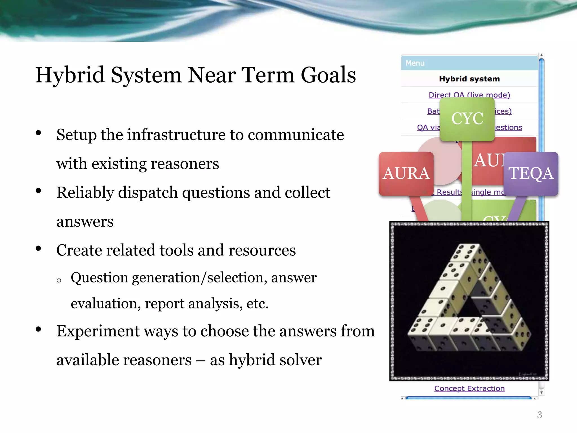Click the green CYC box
[x=467, y=119]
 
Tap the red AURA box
[x=406, y=173]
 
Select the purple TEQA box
[x=531, y=173]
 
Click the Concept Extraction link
[x=469, y=388]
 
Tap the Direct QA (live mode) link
[x=469, y=95]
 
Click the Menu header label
[x=415, y=63]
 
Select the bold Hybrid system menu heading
[x=469, y=79]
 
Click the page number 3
[x=539, y=415]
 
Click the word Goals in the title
[x=328, y=75]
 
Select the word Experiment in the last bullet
[x=98, y=331]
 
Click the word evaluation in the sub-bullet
[x=104, y=304]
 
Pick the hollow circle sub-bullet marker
[x=59, y=280]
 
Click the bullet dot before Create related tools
[x=39, y=249]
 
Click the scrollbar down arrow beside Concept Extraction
[x=541, y=393]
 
